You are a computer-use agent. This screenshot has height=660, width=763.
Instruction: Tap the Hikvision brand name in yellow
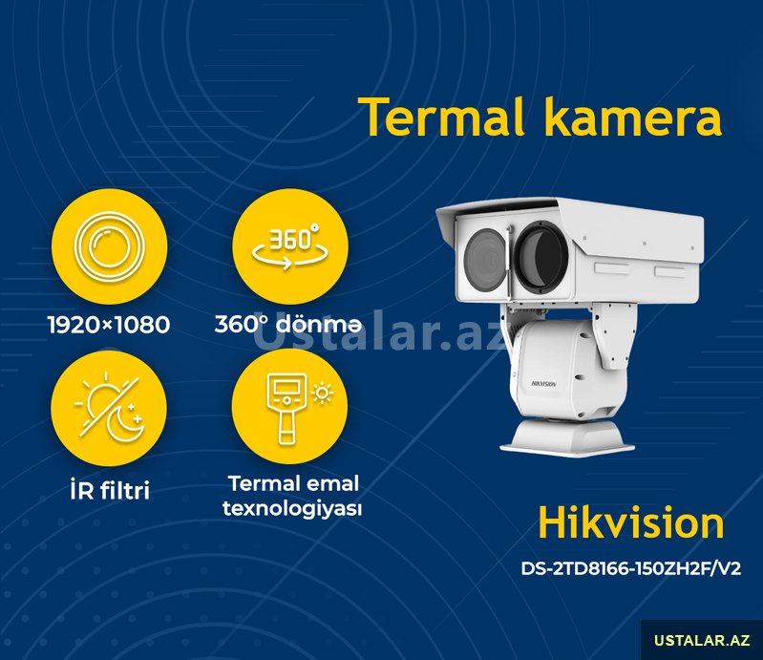click(631, 523)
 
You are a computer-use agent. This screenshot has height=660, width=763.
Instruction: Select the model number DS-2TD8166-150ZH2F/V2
click(630, 568)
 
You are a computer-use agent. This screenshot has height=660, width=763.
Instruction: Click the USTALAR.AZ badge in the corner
click(702, 640)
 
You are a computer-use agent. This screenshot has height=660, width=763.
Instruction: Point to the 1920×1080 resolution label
click(109, 325)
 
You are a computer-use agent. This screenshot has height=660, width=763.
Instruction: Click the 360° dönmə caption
click(288, 324)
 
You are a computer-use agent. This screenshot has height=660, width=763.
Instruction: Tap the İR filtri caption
click(110, 490)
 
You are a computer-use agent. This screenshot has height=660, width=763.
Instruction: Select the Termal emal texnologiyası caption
click(292, 496)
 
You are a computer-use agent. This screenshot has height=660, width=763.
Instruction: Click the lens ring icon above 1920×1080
click(110, 246)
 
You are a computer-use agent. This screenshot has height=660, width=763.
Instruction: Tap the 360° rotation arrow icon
click(290, 246)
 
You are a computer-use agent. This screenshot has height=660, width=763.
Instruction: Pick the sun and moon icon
click(109, 408)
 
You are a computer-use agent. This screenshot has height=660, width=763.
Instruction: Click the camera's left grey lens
click(485, 261)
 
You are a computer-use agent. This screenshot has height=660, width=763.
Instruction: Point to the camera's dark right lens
click(541, 257)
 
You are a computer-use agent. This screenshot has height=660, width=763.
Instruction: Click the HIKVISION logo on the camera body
click(543, 384)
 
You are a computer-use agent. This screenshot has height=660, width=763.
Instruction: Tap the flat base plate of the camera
click(567, 445)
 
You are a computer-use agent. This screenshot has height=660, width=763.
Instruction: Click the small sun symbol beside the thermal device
click(322, 394)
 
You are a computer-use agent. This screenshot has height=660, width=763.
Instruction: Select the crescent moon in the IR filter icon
click(124, 422)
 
